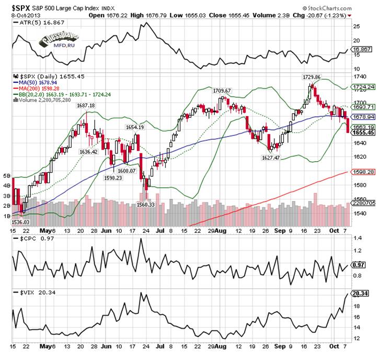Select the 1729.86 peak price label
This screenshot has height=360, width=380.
[x=312, y=77]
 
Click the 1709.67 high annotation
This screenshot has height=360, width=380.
[x=222, y=90]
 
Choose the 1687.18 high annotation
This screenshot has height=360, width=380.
[x=86, y=105]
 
